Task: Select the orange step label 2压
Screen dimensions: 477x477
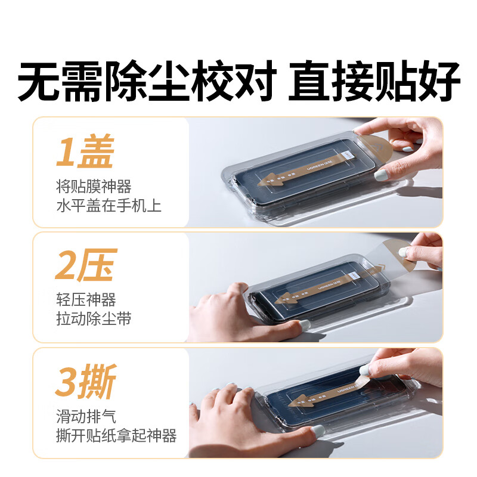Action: point(84,267)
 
